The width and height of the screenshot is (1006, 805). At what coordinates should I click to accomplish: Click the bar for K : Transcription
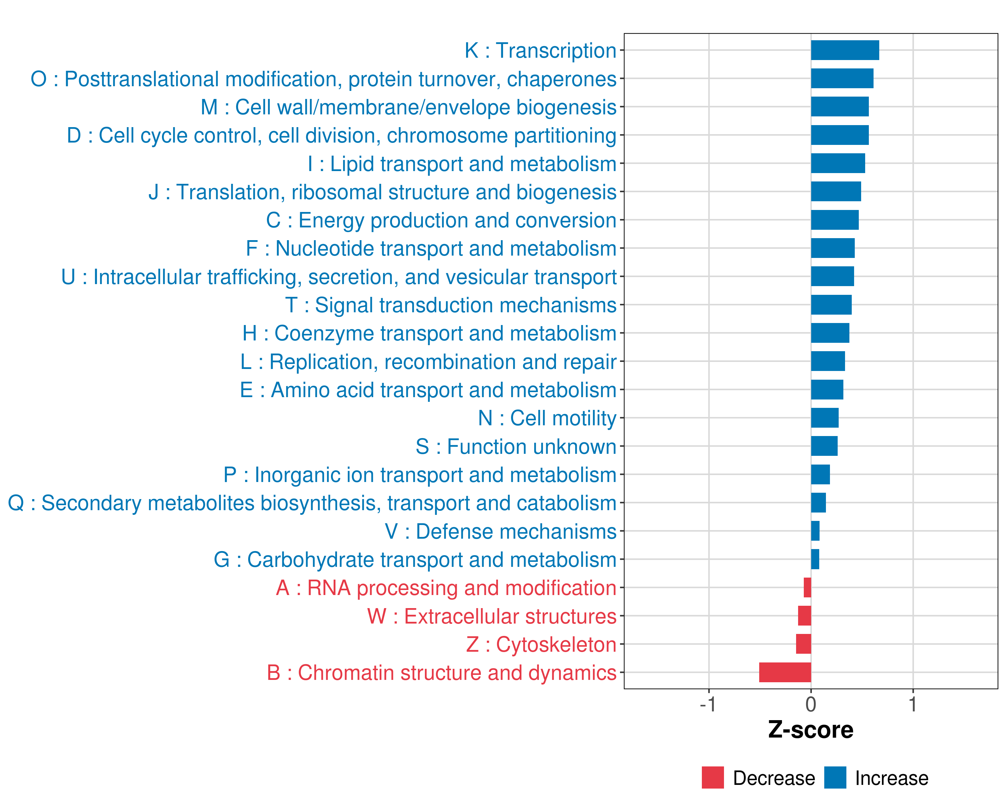tap(845, 50)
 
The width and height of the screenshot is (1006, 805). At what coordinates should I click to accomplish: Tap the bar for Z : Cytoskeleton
tap(803, 644)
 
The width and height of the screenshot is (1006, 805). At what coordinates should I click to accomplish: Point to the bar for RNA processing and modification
tap(807, 588)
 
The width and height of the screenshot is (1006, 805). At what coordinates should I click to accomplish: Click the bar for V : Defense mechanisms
tap(815, 531)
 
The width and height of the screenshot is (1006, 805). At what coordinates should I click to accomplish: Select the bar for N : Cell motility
tap(825, 418)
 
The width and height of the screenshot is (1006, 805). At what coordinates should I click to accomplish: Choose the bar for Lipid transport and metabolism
tap(838, 163)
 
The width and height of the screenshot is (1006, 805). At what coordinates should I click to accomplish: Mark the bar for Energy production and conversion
tap(834, 220)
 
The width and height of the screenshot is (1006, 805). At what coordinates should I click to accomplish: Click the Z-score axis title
tap(811, 730)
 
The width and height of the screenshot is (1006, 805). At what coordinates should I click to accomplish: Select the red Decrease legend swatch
tap(713, 777)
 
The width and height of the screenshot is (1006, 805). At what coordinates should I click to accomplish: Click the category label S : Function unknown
tap(516, 446)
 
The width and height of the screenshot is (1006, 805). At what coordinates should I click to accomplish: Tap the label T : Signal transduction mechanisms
tap(451, 305)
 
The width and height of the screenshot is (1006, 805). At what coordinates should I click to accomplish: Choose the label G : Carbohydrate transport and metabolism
tap(415, 559)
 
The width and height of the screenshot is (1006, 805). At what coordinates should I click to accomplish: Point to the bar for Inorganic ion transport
tap(820, 475)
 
